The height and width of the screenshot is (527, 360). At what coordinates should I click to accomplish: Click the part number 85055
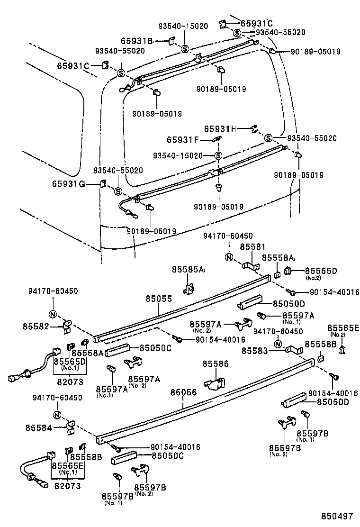(x=158, y=299)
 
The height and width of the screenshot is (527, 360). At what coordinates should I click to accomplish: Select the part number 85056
(x=183, y=392)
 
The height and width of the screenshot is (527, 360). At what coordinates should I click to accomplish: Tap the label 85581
(x=252, y=247)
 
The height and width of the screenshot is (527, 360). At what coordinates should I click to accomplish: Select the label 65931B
(x=136, y=41)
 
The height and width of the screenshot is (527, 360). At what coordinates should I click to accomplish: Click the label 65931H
(x=220, y=128)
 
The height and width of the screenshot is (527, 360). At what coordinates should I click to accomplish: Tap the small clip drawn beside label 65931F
(x=217, y=139)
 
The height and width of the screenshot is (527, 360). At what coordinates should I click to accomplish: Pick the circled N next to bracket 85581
(x=228, y=258)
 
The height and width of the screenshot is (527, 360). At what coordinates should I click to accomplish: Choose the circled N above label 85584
(x=57, y=416)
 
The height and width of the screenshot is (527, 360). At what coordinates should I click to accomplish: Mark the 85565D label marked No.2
(x=320, y=271)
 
